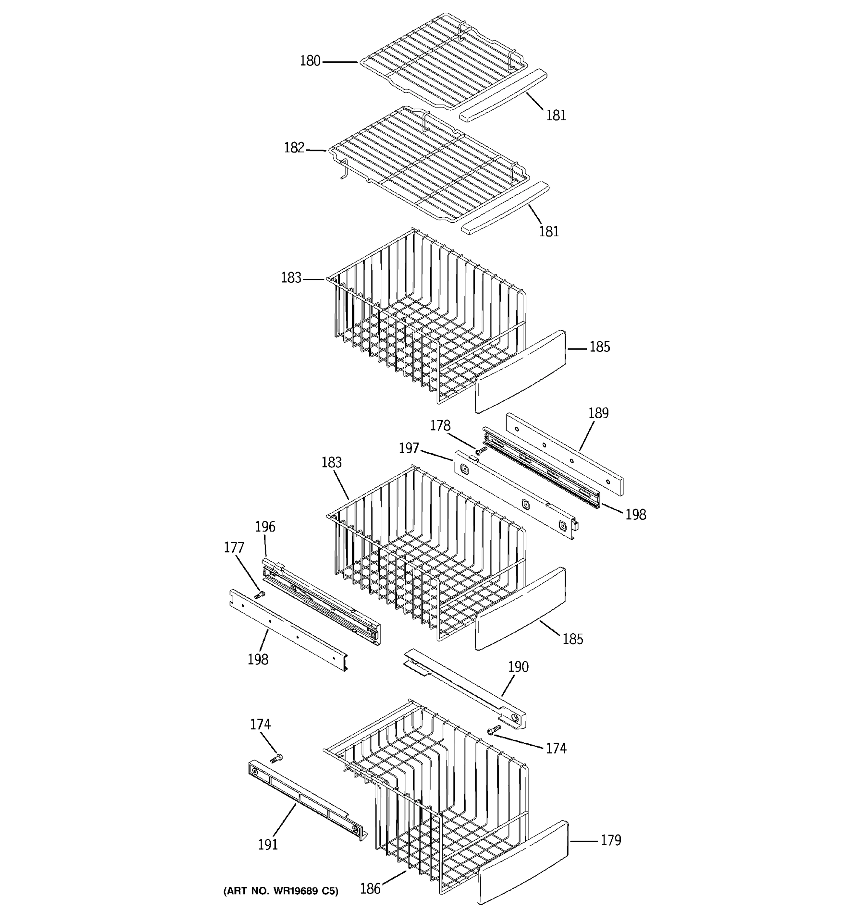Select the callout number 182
[x=294, y=148]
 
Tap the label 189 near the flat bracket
[x=598, y=413]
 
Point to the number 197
[x=409, y=448]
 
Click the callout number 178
[x=440, y=426]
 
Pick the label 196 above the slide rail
[x=265, y=527]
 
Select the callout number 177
[x=234, y=548]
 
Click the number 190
[x=518, y=667]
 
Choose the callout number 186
[x=370, y=889]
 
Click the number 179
[x=611, y=840]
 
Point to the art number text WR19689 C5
[x=280, y=891]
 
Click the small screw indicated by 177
[x=260, y=596]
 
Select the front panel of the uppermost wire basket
[x=520, y=371]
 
